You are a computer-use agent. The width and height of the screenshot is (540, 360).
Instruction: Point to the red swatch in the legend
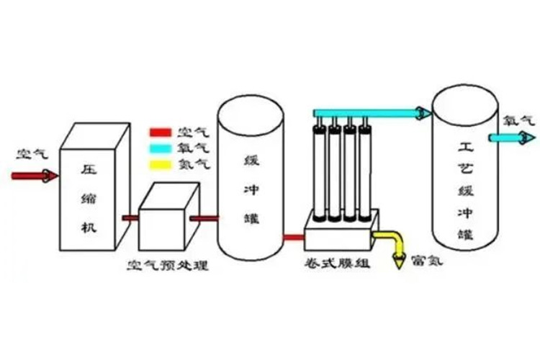tap(160, 133)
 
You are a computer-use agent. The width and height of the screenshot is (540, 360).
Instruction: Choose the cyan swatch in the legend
tap(160, 148)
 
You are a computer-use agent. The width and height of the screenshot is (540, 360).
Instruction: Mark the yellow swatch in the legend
tap(160, 164)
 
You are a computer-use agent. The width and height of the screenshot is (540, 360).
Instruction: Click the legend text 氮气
tap(192, 164)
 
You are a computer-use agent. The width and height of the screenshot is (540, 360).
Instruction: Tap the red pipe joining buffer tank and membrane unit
tap(293, 236)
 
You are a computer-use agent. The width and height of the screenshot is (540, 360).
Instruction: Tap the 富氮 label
tap(426, 260)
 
